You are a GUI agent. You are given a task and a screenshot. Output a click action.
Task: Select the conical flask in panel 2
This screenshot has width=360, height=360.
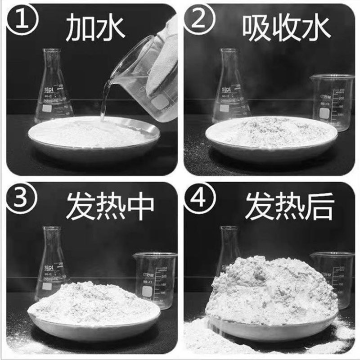click(x=231, y=90)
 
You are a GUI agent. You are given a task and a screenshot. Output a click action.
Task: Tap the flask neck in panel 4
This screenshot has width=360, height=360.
click(x=229, y=243)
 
